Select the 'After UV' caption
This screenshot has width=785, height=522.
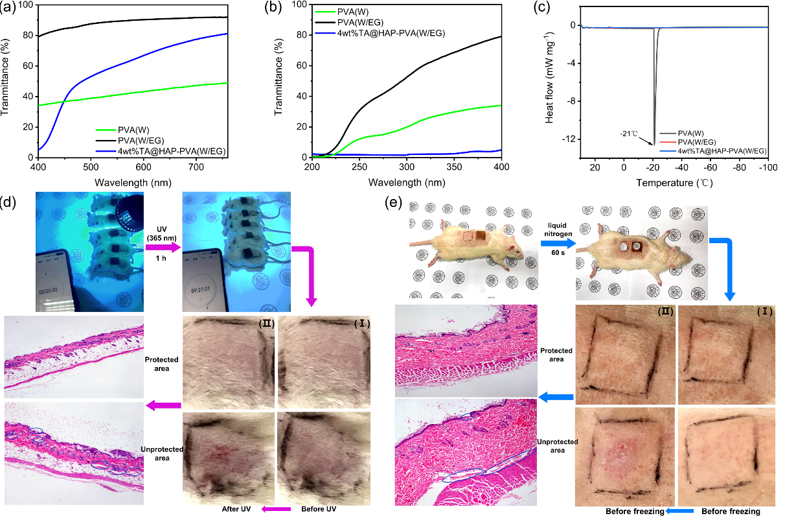tap(243, 510)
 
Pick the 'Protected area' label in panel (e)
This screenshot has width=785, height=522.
tap(556, 355)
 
